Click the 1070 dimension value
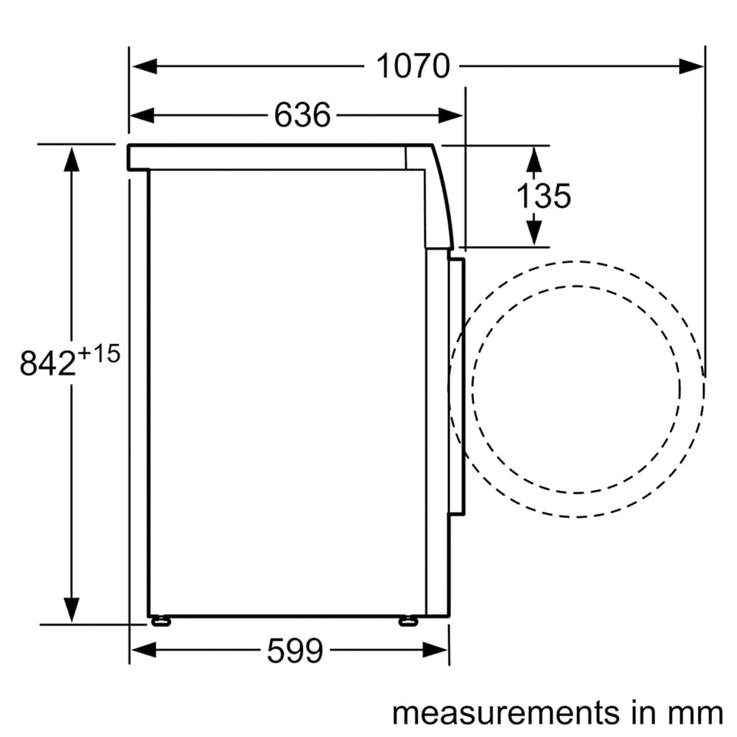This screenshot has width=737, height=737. tap(413, 66)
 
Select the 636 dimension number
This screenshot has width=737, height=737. tap(302, 115)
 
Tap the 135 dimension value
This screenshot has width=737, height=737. tap(543, 196)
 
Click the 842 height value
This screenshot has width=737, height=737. tap(47, 364)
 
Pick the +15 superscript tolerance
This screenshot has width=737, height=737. tap(97, 354)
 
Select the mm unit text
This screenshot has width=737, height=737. tap(696, 713)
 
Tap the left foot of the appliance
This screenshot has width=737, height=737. tap(159, 621)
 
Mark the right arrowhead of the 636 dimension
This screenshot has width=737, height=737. tap(450, 115)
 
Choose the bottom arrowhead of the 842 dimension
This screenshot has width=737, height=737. tap(71, 609)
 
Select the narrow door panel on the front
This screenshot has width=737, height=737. tap(457, 387)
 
